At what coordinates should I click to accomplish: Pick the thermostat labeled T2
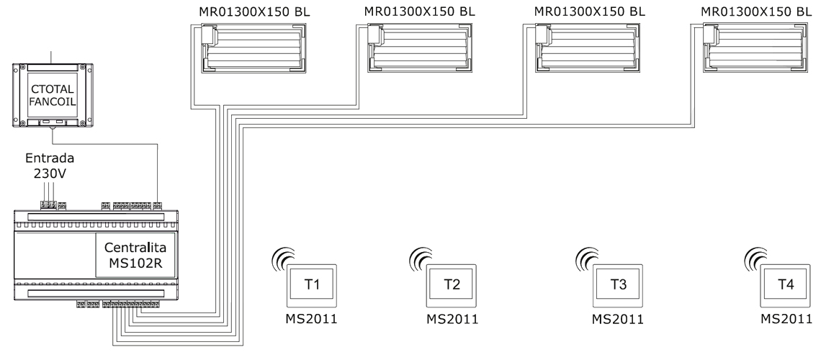click(x=452, y=285)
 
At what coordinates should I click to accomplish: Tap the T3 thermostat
click(x=619, y=285)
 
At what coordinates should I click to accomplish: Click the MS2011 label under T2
click(x=452, y=319)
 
